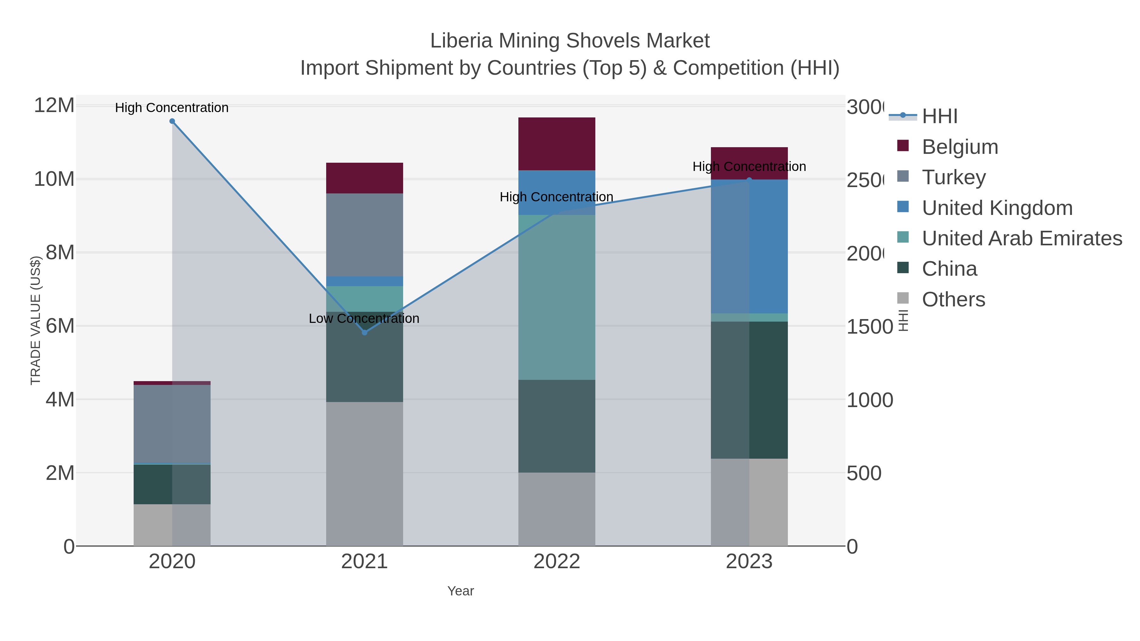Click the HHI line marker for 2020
172,121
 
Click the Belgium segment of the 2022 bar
557,144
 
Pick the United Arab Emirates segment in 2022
557,297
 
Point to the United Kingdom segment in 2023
749,246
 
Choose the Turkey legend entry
954,177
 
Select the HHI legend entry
940,116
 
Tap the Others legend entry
953,299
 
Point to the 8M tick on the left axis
60,253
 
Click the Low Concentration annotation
364,318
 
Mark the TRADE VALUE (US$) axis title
35,320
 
